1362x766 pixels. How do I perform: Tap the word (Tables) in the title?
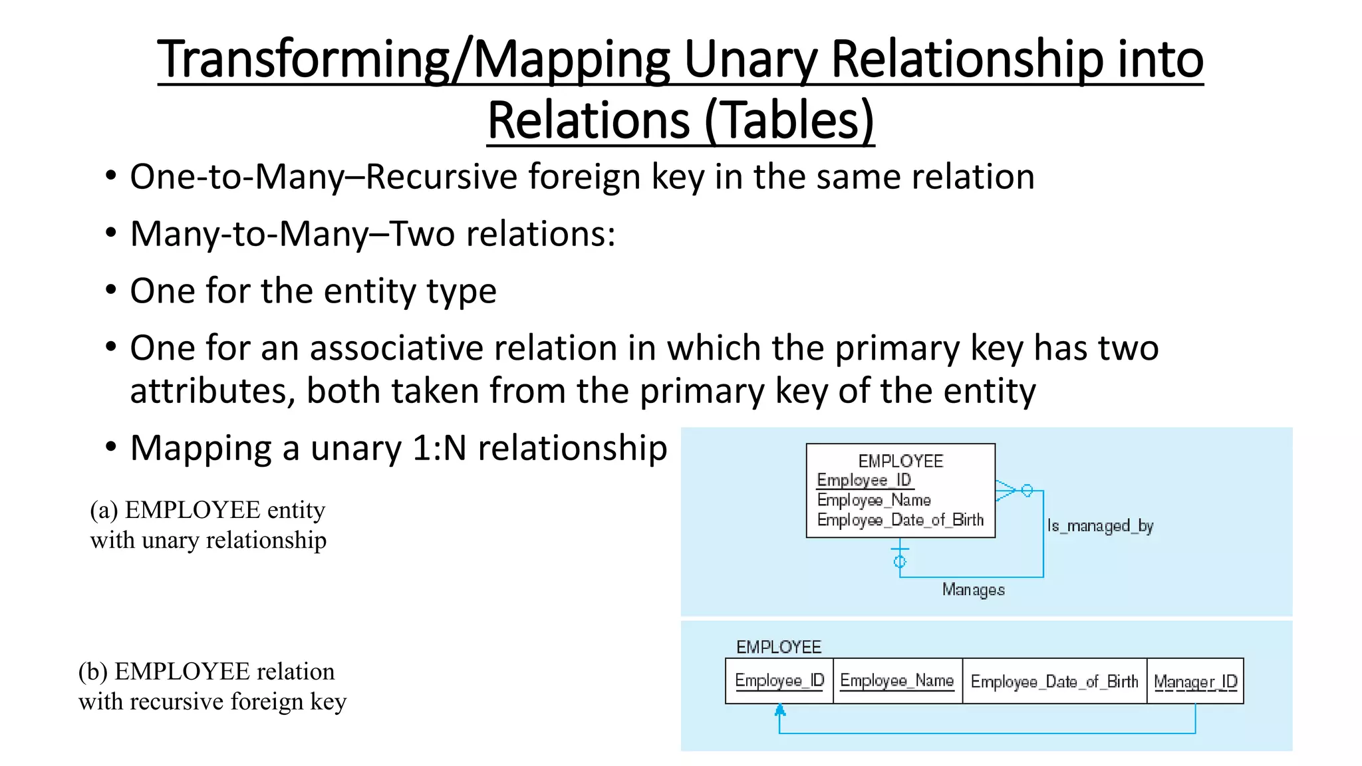[x=789, y=121]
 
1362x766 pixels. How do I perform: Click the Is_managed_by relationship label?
[x=1100, y=526]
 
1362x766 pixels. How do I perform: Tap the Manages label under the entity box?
[x=973, y=590]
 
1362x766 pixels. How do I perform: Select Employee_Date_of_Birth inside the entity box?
[x=900, y=520]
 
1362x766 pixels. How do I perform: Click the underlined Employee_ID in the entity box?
[x=864, y=480]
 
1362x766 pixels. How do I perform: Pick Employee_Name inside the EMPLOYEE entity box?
[x=874, y=500]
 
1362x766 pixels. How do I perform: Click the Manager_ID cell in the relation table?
[x=1195, y=682]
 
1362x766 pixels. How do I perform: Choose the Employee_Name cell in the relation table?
[x=897, y=681]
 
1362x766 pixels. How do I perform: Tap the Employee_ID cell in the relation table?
[x=779, y=681]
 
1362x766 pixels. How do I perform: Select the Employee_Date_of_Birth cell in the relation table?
[x=1054, y=682]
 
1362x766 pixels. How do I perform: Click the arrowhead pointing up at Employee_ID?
[x=780, y=711]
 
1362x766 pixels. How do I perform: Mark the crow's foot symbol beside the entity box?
[x=1006, y=491]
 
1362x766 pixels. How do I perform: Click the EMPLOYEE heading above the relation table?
[x=778, y=647]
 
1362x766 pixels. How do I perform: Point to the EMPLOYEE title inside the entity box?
[x=900, y=461]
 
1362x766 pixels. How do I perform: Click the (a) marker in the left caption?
[x=104, y=510]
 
